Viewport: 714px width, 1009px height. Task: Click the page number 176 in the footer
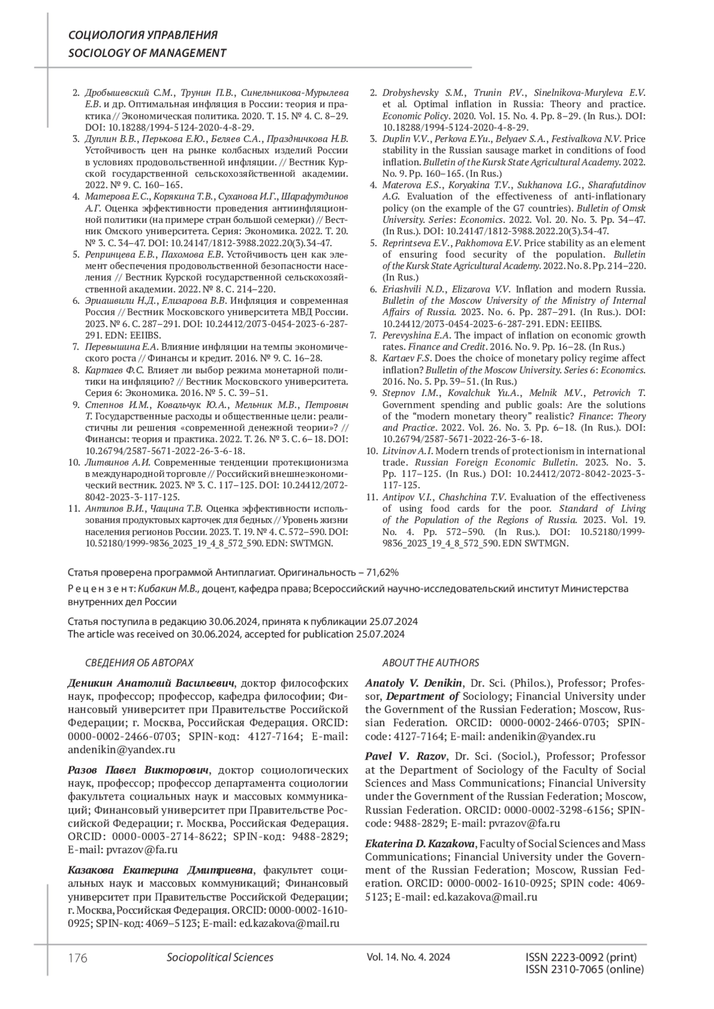coord(78,958)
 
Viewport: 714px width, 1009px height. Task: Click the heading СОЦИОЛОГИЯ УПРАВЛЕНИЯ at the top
coord(143,35)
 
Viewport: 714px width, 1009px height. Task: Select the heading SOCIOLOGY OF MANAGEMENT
coord(147,53)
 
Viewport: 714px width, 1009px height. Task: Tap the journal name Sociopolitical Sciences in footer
coord(220,957)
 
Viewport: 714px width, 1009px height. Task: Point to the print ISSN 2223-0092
coord(581,957)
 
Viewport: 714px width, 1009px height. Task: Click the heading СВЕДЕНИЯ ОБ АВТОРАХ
coord(140,663)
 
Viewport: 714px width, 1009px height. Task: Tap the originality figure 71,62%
coord(379,573)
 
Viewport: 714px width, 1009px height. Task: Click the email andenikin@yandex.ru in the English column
coord(541,737)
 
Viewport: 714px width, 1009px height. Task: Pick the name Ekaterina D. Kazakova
coord(420,844)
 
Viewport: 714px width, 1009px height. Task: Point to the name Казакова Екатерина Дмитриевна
coord(161,870)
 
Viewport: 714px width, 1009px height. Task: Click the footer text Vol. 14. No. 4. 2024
coord(408,957)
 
